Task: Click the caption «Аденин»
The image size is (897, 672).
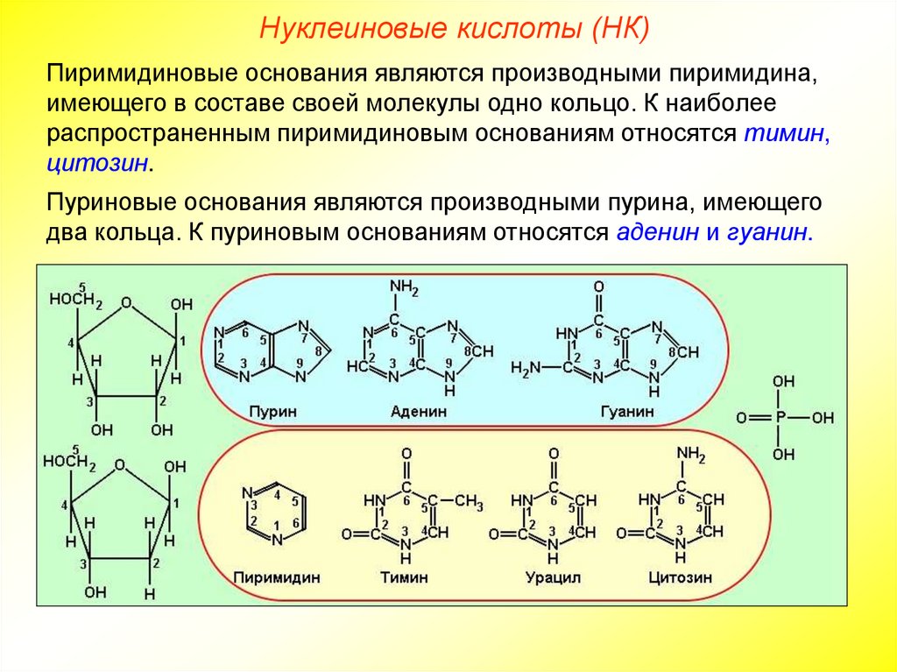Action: (419, 411)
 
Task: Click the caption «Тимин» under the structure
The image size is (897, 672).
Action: (405, 578)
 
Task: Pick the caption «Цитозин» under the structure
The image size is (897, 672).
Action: (681, 578)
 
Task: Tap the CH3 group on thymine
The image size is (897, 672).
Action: (470, 502)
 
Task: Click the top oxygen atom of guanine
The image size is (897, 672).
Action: (598, 287)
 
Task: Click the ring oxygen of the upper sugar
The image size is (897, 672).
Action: (128, 303)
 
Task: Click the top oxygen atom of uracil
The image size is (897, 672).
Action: (553, 454)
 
